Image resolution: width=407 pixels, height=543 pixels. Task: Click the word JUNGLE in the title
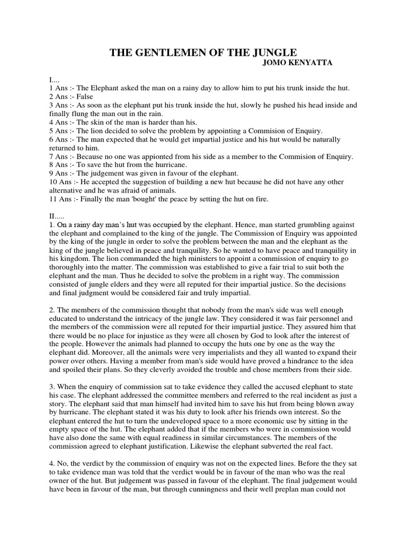[x=270, y=52]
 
